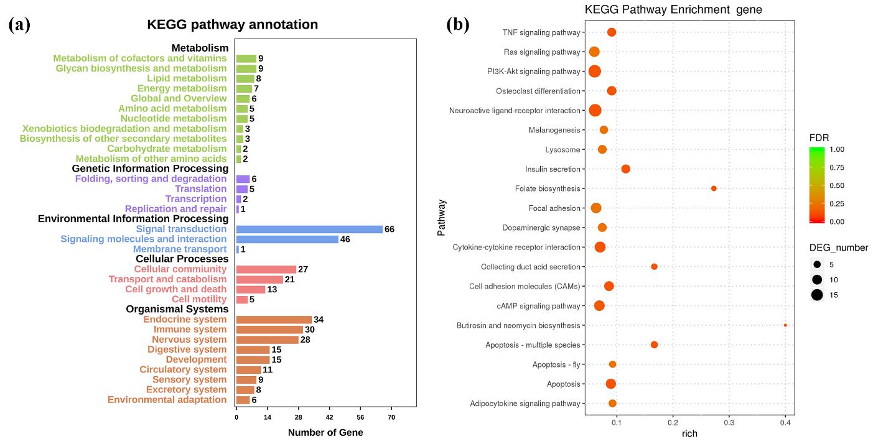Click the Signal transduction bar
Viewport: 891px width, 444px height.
coord(309,229)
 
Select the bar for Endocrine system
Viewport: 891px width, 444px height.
coord(274,320)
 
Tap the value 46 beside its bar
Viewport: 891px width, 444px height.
coord(345,239)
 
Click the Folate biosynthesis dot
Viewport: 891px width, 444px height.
coord(714,188)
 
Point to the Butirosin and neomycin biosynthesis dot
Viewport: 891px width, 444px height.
coord(785,325)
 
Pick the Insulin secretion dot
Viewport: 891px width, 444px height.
coord(626,169)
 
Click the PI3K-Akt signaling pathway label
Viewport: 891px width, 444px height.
coord(534,72)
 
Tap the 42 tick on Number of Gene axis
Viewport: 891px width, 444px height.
coord(329,418)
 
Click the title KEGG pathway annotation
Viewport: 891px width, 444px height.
coord(232,25)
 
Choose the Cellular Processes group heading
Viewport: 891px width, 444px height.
coord(182,259)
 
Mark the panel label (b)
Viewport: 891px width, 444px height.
coord(458,25)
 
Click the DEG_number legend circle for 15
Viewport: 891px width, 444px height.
coord(817,295)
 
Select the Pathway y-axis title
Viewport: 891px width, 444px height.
coord(442,218)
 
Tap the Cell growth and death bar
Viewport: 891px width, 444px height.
coord(251,290)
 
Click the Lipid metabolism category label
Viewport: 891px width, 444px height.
coord(187,79)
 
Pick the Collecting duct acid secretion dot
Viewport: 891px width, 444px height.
coord(654,267)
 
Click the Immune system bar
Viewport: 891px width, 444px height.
coord(269,330)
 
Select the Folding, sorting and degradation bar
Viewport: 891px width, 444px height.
coord(243,179)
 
